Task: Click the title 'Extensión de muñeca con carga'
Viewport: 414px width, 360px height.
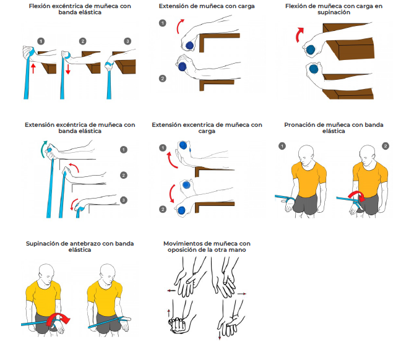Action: (206, 6)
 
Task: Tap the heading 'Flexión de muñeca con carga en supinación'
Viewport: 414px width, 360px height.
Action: (334, 9)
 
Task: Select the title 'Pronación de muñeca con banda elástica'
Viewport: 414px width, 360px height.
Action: (334, 127)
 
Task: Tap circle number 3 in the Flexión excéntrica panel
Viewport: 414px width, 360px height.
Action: (128, 41)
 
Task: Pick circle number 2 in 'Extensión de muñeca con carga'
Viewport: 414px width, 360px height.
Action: (162, 79)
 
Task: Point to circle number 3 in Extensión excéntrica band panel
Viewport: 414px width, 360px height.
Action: (123, 200)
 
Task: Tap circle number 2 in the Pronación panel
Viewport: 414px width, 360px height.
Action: (386, 146)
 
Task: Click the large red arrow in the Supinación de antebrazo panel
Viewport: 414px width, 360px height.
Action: (61, 318)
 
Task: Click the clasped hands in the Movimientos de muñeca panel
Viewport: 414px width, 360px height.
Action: (178, 324)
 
